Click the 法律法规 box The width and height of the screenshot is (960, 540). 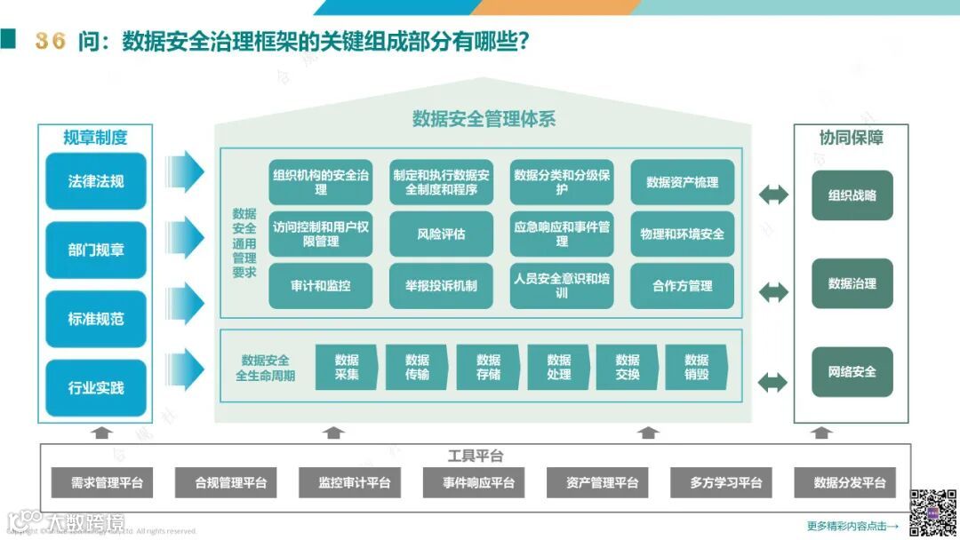coord(96,181)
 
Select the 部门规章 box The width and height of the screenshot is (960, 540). coord(96,250)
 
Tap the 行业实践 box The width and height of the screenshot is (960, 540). coord(96,388)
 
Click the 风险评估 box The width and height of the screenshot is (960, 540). coord(441,234)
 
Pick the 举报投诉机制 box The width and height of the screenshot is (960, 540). coord(441,286)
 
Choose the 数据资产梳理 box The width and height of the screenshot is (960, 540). coord(682,182)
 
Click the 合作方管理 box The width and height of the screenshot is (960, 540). coord(682,286)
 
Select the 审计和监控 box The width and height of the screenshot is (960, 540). coord(320,286)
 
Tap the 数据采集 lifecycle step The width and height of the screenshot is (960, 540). coord(347,367)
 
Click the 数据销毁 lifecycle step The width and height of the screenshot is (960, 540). coord(696,367)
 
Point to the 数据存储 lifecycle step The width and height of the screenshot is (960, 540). coord(488,367)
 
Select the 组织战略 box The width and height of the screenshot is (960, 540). coord(852,195)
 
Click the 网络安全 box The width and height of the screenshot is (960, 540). coord(852,371)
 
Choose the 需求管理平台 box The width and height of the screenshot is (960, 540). coord(108,483)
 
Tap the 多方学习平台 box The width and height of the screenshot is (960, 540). coord(725,483)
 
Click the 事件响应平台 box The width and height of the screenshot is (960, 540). coord(478,483)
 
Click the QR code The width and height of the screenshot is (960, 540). coord(931,512)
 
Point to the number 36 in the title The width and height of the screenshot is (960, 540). coord(51,41)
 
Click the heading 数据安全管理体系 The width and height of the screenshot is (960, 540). coord(484,119)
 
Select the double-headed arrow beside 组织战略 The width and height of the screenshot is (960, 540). coord(772,195)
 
